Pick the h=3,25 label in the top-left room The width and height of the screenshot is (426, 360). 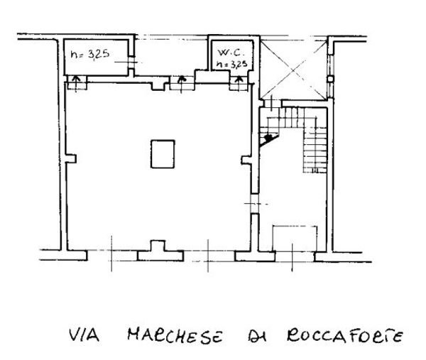click(89, 55)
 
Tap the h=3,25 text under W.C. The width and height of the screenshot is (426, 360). click(232, 64)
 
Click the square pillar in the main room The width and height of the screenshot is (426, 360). click(161, 153)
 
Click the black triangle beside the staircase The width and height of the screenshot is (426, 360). click(268, 139)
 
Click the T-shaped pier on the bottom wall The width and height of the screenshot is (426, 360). click(157, 249)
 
